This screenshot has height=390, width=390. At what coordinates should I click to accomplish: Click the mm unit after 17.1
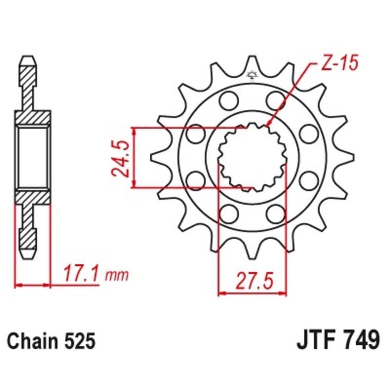(x=117, y=276)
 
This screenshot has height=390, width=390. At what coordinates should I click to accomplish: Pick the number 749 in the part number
(x=360, y=340)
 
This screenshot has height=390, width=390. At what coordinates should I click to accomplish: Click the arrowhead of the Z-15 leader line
(x=269, y=126)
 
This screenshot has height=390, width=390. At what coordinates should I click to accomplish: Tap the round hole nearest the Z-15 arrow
(x=275, y=101)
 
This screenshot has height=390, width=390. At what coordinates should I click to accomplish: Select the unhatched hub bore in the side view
(x=33, y=157)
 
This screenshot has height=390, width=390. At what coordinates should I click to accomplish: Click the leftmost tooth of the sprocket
(x=155, y=157)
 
